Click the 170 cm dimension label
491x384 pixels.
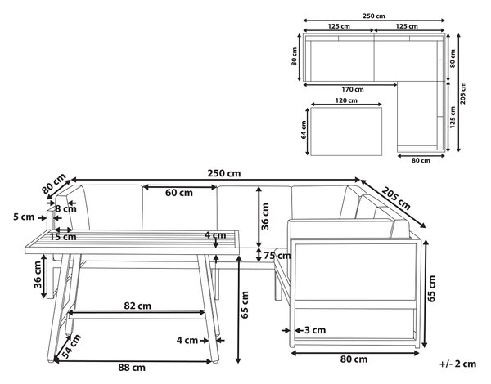[x=353, y=89]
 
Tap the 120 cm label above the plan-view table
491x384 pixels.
[x=346, y=100]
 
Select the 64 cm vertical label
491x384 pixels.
[x=304, y=130]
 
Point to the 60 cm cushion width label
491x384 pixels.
[x=179, y=193]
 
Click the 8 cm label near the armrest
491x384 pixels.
[x=65, y=208]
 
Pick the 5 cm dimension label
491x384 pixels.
[x=24, y=217]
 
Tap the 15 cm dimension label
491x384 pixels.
[x=63, y=237]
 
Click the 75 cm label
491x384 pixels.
[x=277, y=256]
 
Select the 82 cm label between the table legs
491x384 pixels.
[x=137, y=306]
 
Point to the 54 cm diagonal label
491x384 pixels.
[x=71, y=346]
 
